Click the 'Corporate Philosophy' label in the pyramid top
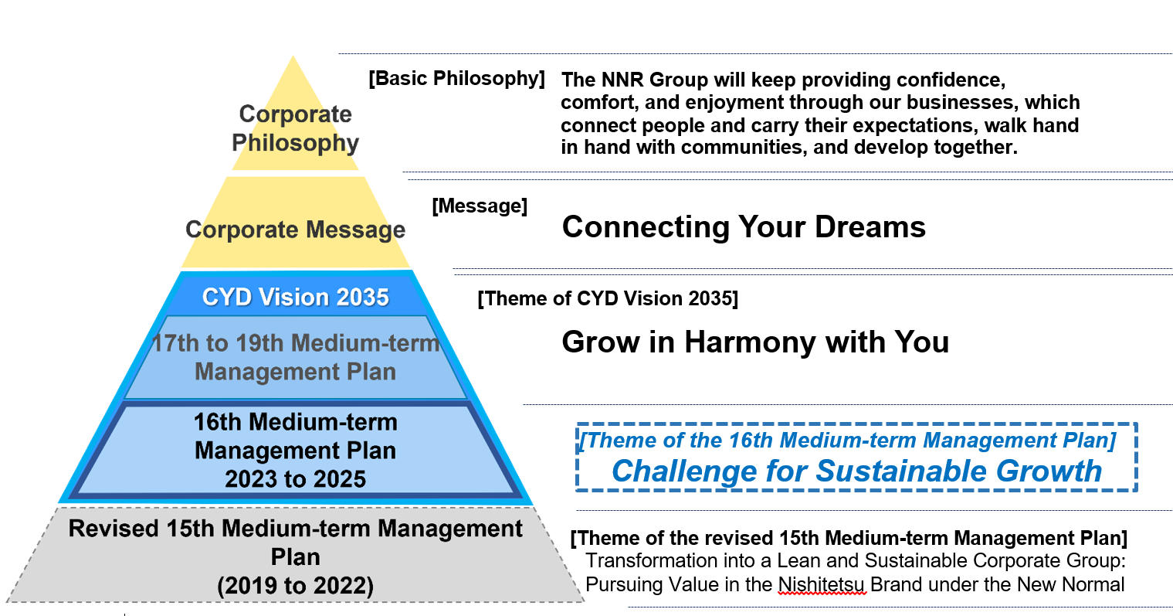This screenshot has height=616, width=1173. tap(295, 128)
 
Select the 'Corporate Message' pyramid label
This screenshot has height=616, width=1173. tap(295, 230)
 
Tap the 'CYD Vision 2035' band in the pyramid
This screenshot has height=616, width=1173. tap(295, 298)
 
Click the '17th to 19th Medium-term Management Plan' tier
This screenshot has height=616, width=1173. tap(295, 358)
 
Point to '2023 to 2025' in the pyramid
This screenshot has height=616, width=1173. tap(295, 478)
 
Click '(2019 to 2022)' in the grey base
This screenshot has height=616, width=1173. tap(295, 586)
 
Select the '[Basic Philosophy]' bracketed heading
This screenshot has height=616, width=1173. tap(456, 79)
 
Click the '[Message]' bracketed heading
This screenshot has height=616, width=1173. tap(480, 206)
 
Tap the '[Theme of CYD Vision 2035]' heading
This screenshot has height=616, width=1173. tap(608, 299)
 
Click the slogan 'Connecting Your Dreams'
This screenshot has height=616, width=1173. tap(744, 227)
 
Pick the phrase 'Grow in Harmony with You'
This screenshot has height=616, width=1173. tap(755, 342)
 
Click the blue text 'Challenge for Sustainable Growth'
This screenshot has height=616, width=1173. tap(856, 471)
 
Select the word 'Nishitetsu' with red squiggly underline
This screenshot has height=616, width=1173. tap(822, 584)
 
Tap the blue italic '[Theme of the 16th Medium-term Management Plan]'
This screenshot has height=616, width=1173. tap(848, 441)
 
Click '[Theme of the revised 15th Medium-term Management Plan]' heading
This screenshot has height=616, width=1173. tap(849, 539)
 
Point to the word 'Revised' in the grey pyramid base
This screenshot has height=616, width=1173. tap(113, 529)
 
